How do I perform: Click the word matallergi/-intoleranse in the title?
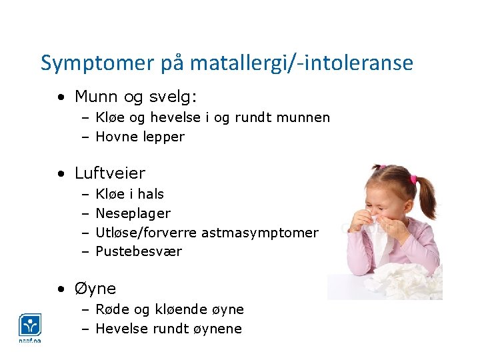point(301,63)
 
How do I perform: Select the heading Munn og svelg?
point(136,97)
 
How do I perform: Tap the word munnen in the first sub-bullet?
point(303,117)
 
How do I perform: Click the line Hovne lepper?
point(140,137)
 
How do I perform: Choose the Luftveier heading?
point(110,173)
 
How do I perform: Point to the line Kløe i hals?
point(130,194)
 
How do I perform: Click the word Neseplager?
point(133,213)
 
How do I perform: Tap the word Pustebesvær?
point(139,251)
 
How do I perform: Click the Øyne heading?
point(95,289)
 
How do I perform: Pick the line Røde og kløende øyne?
point(170,309)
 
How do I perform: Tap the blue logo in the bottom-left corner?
point(30,326)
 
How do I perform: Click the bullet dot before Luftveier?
point(61,174)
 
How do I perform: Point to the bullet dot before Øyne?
point(61,289)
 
